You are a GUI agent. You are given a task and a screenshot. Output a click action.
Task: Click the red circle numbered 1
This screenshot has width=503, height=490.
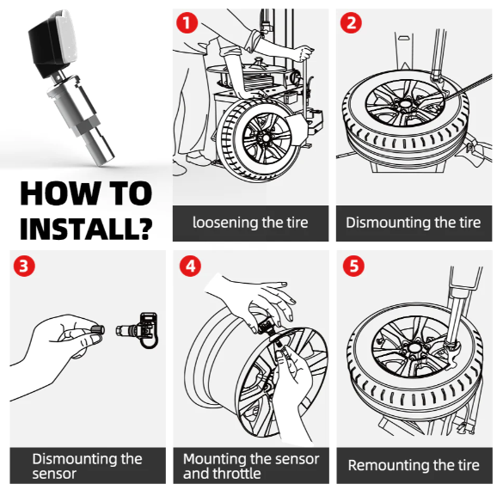click(187, 22)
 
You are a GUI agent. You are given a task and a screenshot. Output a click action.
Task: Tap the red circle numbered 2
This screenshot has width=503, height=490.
click(351, 22)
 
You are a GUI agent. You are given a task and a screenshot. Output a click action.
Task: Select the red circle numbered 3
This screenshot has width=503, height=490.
click(24, 266)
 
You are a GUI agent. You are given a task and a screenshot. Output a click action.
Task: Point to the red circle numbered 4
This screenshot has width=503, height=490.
click(190, 266)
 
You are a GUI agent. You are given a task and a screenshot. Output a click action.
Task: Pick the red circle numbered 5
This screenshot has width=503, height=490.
click(353, 266)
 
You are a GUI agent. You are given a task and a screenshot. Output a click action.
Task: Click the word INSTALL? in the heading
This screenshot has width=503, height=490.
click(86, 228)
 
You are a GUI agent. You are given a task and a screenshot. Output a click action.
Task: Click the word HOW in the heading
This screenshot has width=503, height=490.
click(59, 193)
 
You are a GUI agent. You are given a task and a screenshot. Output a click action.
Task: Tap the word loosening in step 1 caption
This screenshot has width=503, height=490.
click(225, 223)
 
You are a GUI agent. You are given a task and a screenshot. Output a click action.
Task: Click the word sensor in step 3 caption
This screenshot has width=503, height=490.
click(54, 474)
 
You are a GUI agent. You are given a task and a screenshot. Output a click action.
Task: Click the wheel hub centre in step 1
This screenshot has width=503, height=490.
click(266, 138)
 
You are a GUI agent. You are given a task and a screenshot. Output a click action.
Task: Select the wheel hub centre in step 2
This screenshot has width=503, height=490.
click(405, 104)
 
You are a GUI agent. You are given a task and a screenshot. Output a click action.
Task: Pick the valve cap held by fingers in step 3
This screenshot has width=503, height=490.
click(97, 330)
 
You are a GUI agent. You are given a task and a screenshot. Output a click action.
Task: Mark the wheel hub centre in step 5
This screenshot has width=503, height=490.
click(414, 347)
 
